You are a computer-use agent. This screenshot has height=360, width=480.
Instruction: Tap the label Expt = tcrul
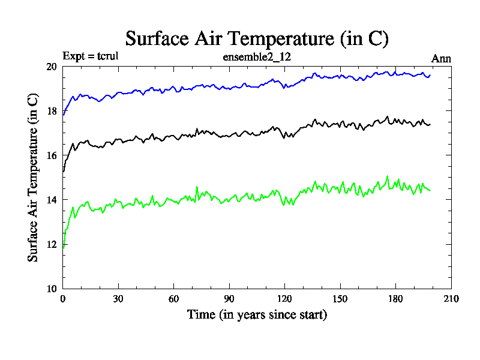pyautogui.click(x=94, y=58)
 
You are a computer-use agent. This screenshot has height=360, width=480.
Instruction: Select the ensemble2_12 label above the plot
pyautogui.click(x=257, y=58)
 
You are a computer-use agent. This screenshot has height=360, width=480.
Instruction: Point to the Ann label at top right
pyautogui.click(x=441, y=58)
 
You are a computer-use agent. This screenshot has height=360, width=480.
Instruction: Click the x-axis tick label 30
pyautogui.click(x=118, y=299)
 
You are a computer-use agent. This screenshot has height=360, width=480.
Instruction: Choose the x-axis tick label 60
pyautogui.click(x=173, y=299)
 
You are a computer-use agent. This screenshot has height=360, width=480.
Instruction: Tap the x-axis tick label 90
pyautogui.click(x=229, y=299)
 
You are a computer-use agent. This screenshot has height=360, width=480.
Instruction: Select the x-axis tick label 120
pyautogui.click(x=284, y=299)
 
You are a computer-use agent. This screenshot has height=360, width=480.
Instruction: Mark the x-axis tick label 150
pyautogui.click(x=340, y=299)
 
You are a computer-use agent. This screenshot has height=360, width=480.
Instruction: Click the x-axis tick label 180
pyautogui.click(x=395, y=299)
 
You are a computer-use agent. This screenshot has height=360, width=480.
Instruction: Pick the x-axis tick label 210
pyautogui.click(x=451, y=299)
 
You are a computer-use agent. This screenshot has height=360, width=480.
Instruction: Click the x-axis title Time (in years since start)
pyautogui.click(x=257, y=314)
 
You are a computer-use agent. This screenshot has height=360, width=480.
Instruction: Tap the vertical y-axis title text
pyautogui.click(x=34, y=178)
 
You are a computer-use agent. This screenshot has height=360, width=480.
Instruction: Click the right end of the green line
pyautogui.click(x=430, y=190)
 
